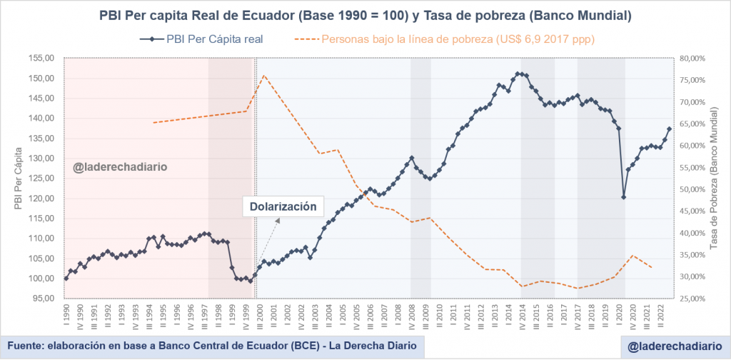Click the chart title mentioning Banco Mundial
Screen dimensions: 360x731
click(365, 14)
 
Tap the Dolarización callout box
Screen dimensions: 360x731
click(283, 206)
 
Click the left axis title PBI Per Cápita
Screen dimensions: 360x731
click(18, 178)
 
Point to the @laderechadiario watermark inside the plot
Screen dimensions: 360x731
click(121, 168)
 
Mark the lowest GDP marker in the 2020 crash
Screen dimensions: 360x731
click(624, 197)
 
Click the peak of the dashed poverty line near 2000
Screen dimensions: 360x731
click(263, 75)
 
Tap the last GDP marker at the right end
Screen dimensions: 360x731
click(670, 129)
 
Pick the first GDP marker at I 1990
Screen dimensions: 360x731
click(66, 279)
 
